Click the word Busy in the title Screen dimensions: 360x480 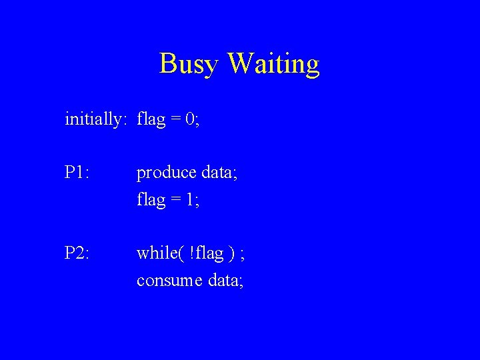[x=189, y=65]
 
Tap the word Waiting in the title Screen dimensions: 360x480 [x=273, y=65]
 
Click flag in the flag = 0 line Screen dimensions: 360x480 [x=151, y=119]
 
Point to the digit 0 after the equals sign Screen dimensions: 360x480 [x=190, y=119]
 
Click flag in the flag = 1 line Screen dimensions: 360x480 [x=151, y=199]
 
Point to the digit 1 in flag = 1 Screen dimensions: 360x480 [x=190, y=199]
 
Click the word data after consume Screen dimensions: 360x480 [x=226, y=281]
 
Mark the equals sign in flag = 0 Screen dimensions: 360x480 [x=175, y=120]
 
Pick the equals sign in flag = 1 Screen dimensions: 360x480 [x=175, y=200]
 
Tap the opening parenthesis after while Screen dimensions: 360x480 [x=180, y=254]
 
